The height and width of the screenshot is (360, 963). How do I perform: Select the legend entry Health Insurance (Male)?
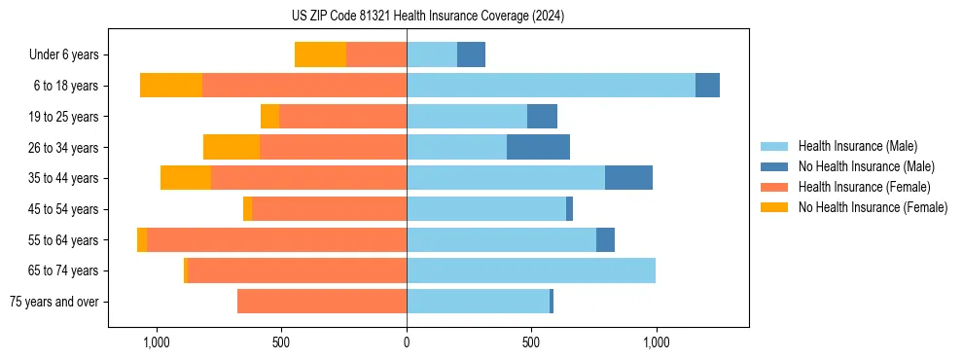click(x=857, y=146)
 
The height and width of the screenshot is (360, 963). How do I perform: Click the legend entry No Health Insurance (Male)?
click(x=866, y=166)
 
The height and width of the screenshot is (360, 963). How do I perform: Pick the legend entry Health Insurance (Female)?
click(x=864, y=187)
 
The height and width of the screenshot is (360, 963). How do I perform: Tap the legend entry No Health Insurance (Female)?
click(x=873, y=207)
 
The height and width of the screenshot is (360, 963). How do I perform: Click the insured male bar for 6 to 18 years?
click(x=551, y=86)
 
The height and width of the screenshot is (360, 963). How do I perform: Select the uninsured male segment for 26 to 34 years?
click(x=538, y=147)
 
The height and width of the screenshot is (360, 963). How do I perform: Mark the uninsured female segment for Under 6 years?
click(x=320, y=55)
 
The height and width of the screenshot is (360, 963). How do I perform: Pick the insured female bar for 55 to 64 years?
click(x=276, y=239)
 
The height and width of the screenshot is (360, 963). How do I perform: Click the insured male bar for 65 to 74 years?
click(x=531, y=270)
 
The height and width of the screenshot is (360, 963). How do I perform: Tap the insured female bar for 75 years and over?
click(x=322, y=302)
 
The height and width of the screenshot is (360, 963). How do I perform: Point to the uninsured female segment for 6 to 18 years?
click(x=171, y=86)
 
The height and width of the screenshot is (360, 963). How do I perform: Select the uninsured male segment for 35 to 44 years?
click(x=628, y=178)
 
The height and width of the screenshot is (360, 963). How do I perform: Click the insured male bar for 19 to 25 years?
click(x=467, y=117)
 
